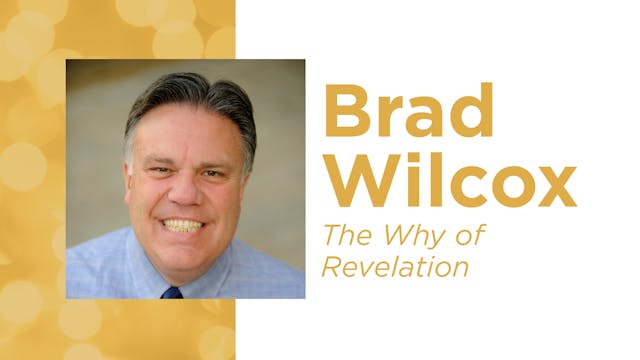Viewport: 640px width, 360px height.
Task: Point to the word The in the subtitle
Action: (x=342, y=237)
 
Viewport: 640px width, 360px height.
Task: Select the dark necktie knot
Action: (x=172, y=292)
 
